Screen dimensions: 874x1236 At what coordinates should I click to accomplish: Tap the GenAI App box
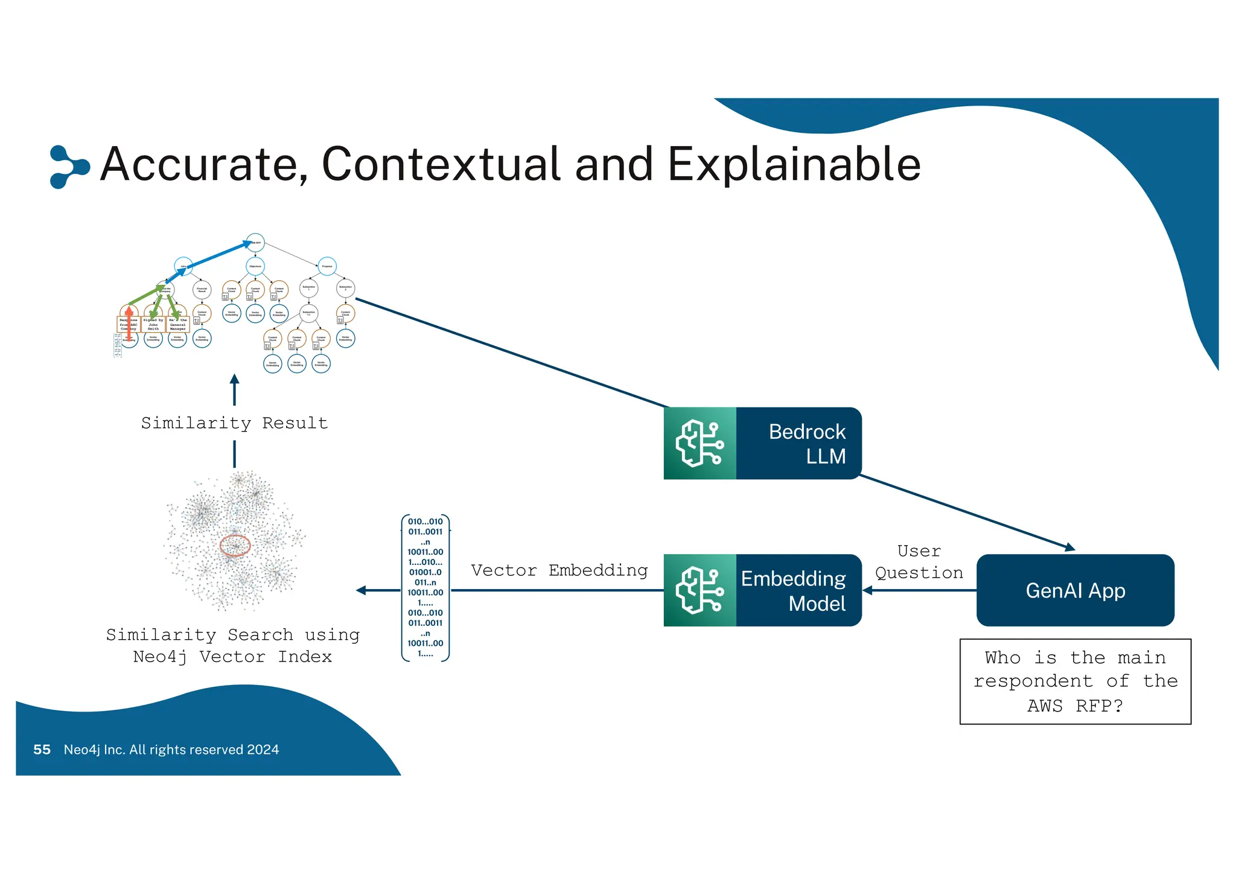1075,590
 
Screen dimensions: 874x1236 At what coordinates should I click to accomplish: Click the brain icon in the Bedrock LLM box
699,444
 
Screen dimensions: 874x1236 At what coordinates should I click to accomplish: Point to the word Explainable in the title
794,164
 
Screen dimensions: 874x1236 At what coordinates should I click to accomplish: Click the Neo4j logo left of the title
68,166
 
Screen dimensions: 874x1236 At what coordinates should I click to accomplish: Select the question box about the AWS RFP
1075,681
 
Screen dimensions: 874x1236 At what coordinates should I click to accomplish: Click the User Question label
919,562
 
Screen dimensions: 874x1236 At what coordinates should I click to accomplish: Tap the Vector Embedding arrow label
559,570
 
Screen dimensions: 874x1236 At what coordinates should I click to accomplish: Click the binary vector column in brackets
425,588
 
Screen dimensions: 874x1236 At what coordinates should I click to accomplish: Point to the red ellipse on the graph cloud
235,546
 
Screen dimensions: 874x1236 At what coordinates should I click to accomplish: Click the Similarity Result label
234,423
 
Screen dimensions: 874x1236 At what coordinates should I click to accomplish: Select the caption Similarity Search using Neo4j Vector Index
232,646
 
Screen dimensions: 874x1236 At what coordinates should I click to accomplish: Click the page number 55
42,750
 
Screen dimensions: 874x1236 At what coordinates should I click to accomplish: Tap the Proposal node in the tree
327,266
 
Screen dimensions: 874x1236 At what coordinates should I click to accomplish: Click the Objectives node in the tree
255,266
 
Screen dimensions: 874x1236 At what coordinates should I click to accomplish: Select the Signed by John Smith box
153,325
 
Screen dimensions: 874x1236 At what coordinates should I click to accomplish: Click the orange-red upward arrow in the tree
129,323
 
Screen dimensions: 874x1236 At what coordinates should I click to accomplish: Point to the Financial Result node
202,290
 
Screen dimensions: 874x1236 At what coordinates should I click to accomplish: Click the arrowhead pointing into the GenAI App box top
1069,547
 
